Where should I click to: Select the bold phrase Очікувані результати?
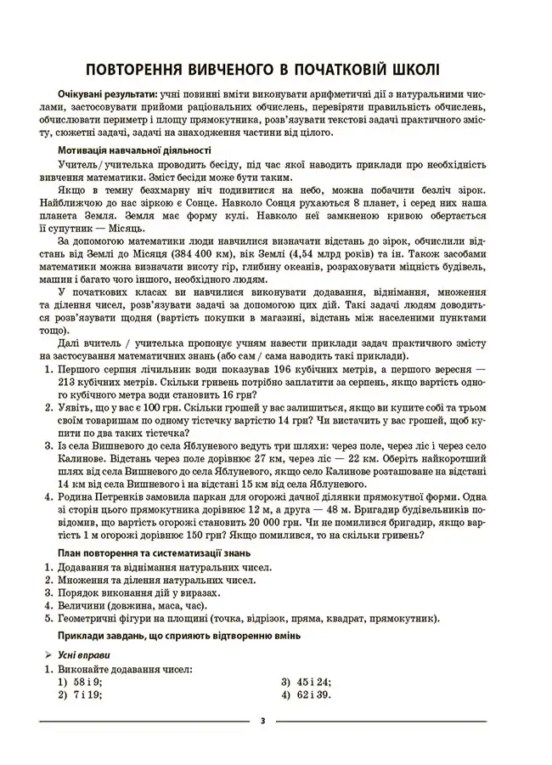pyautogui.click(x=107, y=94)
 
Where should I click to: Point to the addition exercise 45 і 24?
pyautogui.click(x=314, y=683)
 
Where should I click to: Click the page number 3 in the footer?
pyautogui.click(x=262, y=721)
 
